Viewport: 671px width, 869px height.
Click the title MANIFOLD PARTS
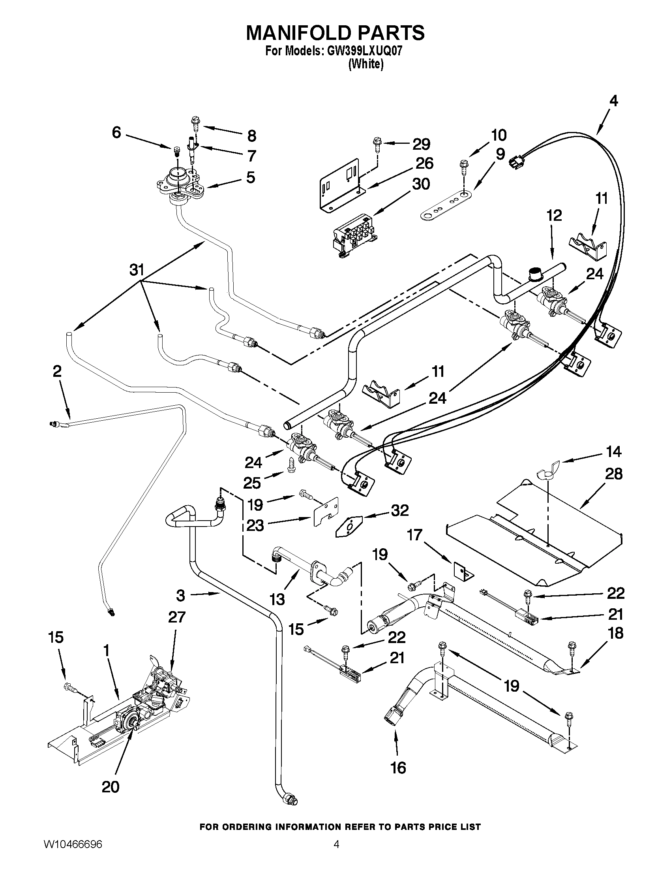pos(335,33)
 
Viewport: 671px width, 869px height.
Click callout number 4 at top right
pos(613,101)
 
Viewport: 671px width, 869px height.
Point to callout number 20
pos(110,786)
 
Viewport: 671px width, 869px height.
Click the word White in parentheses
pos(365,64)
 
